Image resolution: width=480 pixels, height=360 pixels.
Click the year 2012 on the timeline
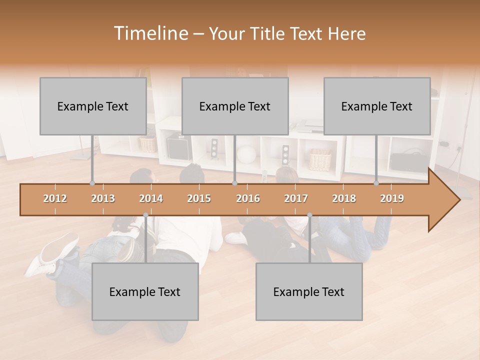tap(55, 198)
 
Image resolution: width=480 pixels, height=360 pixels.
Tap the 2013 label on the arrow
tap(103, 198)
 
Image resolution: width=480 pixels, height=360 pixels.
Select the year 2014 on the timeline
tap(151, 198)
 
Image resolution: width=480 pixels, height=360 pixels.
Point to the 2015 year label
tap(199, 198)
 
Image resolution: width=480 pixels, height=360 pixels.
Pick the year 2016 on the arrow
tap(248, 198)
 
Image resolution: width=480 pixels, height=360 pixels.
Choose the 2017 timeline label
tap(296, 198)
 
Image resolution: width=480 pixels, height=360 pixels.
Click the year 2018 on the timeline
tap(344, 198)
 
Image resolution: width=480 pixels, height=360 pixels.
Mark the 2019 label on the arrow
tap(392, 198)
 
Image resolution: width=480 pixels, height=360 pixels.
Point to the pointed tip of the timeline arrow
tap(458, 200)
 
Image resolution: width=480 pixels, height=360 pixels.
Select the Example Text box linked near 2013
tap(93, 106)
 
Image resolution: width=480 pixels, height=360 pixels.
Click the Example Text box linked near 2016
tap(235, 106)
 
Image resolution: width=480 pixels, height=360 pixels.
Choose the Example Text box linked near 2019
tap(377, 106)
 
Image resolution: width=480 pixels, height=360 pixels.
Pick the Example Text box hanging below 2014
tap(145, 291)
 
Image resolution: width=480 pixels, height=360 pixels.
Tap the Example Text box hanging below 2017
tap(309, 291)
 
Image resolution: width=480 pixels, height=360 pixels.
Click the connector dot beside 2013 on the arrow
tap(92, 183)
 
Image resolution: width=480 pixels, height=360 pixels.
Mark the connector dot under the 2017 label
tap(309, 215)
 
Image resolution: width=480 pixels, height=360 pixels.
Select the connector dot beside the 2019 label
tap(376, 183)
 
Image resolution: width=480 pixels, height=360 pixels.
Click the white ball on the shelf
tap(246, 153)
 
